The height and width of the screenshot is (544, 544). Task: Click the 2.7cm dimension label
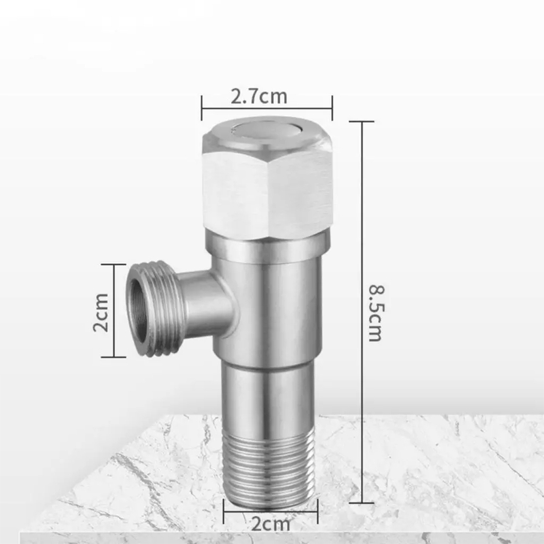click(259, 96)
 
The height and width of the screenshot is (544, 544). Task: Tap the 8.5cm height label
click(376, 313)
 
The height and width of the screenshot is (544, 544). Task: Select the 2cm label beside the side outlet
click(101, 312)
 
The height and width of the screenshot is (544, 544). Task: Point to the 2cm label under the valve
click(271, 524)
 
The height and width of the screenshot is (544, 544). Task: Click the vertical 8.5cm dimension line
click(362, 312)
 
